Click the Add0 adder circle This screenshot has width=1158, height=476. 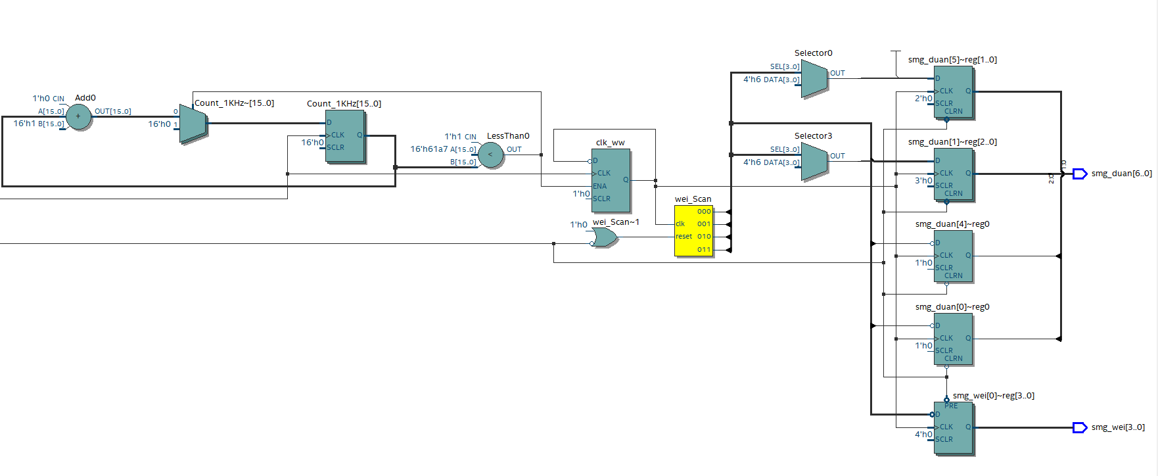[x=78, y=117]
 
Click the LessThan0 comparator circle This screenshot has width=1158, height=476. [x=490, y=155]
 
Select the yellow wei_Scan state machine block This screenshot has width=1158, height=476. [x=693, y=230]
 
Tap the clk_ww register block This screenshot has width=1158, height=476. [x=611, y=180]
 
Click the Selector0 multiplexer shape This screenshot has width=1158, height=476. [x=814, y=79]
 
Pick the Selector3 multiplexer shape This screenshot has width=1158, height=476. [x=814, y=162]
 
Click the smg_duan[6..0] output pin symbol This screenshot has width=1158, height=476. [x=1080, y=174]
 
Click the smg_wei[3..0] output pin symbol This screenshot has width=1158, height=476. [x=1080, y=427]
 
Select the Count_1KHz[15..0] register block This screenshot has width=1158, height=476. [x=344, y=136]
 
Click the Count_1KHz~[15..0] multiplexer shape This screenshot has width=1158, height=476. [x=193, y=124]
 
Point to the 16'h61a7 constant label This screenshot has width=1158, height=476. [x=428, y=149]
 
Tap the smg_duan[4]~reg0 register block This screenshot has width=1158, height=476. [x=953, y=256]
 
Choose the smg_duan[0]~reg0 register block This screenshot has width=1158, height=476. [x=953, y=339]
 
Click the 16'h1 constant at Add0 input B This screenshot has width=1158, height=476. [x=24, y=124]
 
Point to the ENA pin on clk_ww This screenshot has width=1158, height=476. [x=599, y=186]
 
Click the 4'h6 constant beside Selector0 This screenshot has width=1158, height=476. [x=752, y=80]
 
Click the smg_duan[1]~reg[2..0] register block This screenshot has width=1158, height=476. [x=953, y=174]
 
